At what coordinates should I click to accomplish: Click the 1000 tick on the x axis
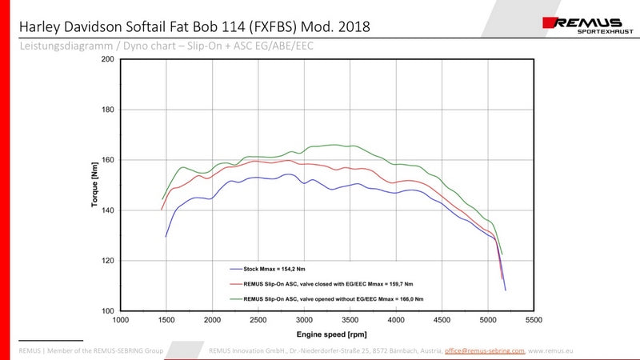pyautogui.click(x=121, y=320)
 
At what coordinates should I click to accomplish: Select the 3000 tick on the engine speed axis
pyautogui.click(x=304, y=320)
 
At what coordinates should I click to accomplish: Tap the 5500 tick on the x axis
pyautogui.click(x=534, y=320)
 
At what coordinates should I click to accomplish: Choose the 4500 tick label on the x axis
pyautogui.click(x=442, y=320)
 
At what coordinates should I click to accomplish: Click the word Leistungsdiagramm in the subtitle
pyautogui.click(x=54, y=47)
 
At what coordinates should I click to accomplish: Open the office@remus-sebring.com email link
pyautogui.click(x=484, y=350)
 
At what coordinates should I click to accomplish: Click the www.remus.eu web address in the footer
pyautogui.click(x=551, y=350)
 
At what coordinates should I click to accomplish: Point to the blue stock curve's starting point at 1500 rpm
pyautogui.click(x=166, y=236)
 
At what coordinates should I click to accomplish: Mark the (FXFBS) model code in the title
pyautogui.click(x=265, y=26)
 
